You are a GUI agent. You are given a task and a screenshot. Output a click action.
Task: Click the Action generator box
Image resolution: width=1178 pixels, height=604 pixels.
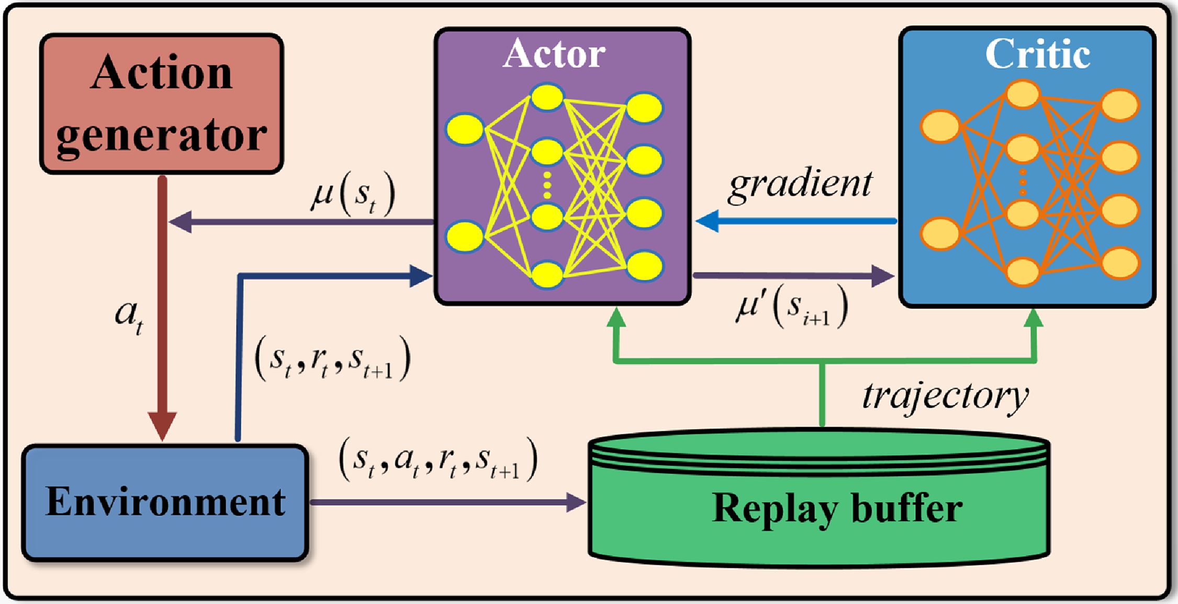click(162, 104)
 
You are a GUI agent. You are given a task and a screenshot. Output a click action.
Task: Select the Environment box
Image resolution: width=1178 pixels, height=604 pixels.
click(165, 502)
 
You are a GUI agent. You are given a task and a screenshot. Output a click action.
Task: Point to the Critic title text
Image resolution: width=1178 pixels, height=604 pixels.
click(1037, 53)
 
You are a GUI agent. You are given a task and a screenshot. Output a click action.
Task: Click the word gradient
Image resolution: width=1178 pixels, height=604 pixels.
click(800, 184)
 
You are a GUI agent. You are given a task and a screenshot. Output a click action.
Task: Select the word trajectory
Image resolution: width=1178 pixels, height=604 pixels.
click(945, 396)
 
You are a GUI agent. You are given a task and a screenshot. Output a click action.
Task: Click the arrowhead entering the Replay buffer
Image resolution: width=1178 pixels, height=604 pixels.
click(576, 502)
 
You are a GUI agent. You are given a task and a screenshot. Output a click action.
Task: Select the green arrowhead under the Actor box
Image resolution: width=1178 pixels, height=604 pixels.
click(616, 317)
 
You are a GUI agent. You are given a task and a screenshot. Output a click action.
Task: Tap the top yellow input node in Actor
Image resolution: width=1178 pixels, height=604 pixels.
click(465, 129)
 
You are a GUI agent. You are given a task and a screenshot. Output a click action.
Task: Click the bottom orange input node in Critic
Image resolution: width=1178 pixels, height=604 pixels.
click(940, 234)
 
